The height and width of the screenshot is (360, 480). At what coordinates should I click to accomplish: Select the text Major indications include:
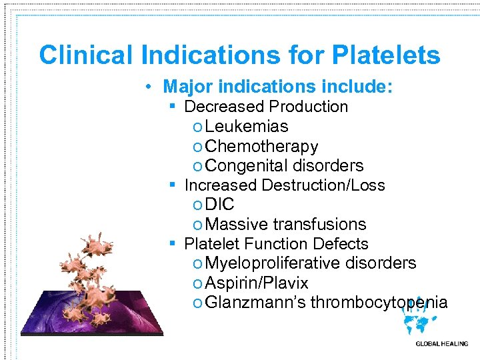[x=277, y=87]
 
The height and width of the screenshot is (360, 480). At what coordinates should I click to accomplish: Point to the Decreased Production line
[x=266, y=107]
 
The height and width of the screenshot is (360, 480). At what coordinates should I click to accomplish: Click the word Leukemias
[x=247, y=127]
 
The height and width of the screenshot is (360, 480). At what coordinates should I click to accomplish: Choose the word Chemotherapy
[x=262, y=146]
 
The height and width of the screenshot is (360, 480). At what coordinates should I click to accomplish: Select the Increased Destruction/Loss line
[x=285, y=185]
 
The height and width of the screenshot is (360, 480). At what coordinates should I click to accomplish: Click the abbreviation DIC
[x=220, y=205]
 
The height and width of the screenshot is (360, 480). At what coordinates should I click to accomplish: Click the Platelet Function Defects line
[x=276, y=244]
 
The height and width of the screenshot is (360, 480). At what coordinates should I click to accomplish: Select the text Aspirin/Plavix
[x=257, y=283]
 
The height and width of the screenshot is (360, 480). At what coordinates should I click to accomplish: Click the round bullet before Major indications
[x=152, y=87]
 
